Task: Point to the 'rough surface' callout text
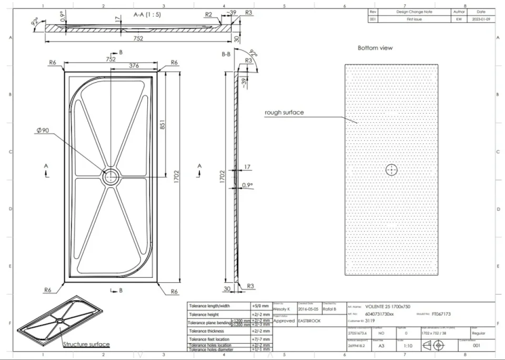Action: [x=284, y=113]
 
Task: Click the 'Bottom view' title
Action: [x=375, y=48]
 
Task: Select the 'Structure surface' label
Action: [x=86, y=345]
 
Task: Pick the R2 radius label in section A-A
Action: [x=209, y=15]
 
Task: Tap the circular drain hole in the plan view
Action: [x=111, y=177]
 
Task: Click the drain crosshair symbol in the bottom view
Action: [x=391, y=169]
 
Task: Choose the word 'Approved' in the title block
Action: [x=284, y=321]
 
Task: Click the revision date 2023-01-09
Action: [x=481, y=19]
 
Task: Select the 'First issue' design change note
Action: [x=414, y=19]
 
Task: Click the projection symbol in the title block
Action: [x=433, y=346]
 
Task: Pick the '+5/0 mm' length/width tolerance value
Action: [x=261, y=306]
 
